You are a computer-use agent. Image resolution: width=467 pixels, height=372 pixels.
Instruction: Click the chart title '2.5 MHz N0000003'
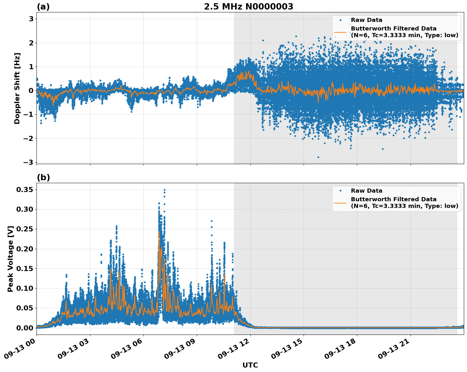click(248, 7)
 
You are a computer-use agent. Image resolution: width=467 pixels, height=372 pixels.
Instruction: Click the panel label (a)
click(43, 7)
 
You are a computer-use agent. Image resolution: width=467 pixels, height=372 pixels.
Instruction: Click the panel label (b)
click(43, 177)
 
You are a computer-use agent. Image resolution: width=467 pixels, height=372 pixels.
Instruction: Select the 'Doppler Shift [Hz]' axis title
click(17, 88)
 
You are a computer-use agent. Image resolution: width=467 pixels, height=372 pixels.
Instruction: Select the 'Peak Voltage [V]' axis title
click(10, 259)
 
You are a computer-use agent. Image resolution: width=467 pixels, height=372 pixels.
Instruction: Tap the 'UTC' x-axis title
click(250, 365)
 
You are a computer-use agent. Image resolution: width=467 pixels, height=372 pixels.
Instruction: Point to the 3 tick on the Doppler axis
click(31, 19)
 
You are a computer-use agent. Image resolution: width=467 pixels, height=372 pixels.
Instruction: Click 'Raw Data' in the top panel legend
click(366, 20)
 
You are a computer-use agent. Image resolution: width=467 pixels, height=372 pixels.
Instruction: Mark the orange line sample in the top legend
click(340, 32)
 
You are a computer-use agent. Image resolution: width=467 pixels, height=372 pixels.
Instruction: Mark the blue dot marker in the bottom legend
click(340, 191)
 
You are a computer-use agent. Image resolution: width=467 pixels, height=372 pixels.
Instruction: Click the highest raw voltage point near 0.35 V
click(164, 190)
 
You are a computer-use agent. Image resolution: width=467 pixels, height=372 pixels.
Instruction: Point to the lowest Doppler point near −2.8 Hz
click(318, 157)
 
